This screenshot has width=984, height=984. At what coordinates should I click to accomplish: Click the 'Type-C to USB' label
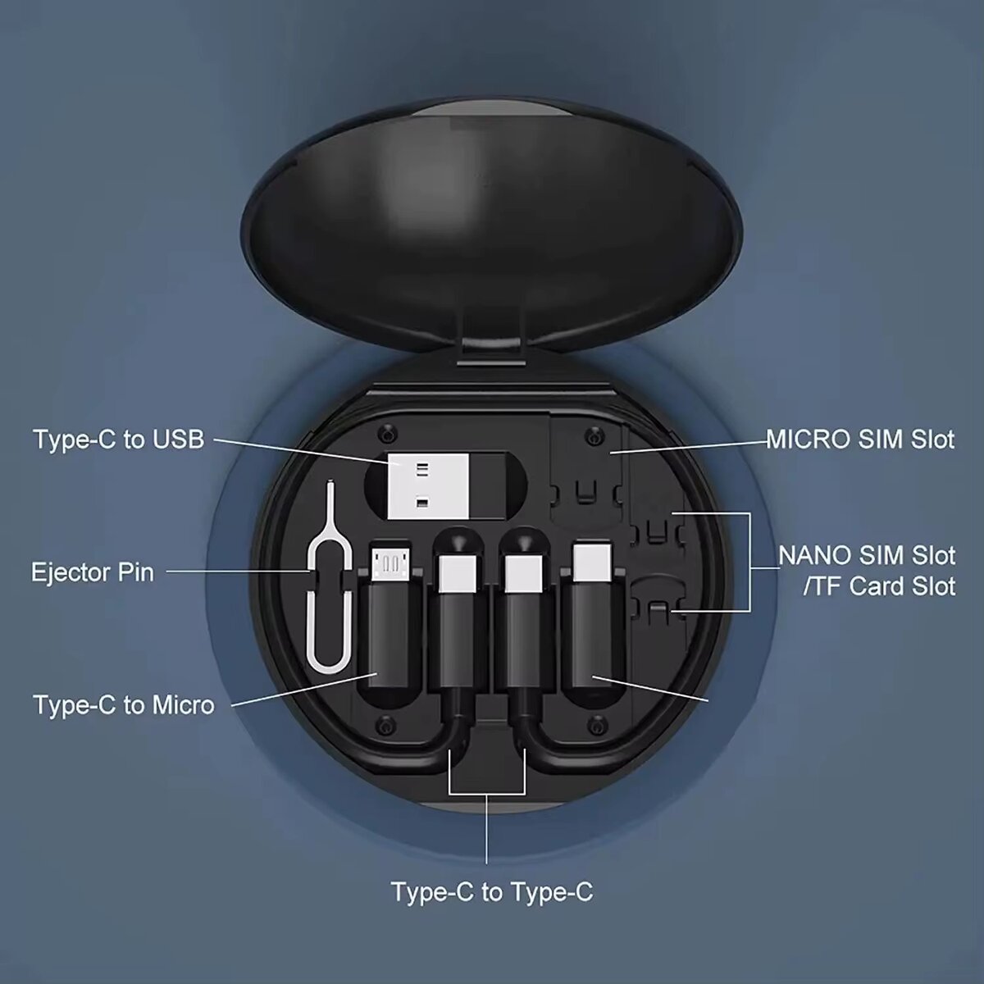click(x=118, y=439)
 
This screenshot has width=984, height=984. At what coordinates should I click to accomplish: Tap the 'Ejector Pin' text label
click(x=92, y=571)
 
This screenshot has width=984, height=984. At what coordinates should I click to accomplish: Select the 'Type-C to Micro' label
click(x=123, y=704)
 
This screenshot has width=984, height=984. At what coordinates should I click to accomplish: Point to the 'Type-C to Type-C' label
click(x=491, y=891)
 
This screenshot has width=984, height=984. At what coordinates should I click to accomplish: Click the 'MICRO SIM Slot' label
click(x=860, y=439)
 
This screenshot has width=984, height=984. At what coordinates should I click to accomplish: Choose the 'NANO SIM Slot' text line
click(x=867, y=555)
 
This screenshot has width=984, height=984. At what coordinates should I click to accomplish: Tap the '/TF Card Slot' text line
click(x=867, y=586)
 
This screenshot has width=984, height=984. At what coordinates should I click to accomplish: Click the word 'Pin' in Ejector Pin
click(x=136, y=571)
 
